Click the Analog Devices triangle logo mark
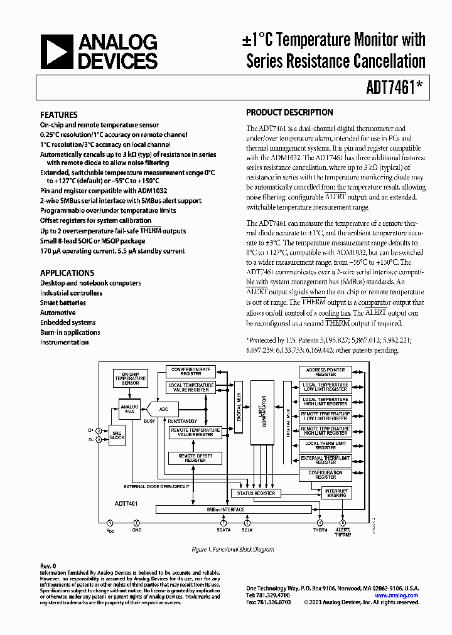pos(58,51)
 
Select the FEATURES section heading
pos(59,115)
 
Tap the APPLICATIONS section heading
pos(67,273)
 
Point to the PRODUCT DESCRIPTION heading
pos(289,112)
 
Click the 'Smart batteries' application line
pos(63,302)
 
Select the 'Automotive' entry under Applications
pos(58,312)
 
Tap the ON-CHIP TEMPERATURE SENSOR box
pos(131,378)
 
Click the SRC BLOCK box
pos(117,435)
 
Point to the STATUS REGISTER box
pos(256,493)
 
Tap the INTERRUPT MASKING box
pos(336,493)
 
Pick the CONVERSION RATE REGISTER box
pos(191,371)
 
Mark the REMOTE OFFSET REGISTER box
pos(195,458)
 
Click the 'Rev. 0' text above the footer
pos(48,565)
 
